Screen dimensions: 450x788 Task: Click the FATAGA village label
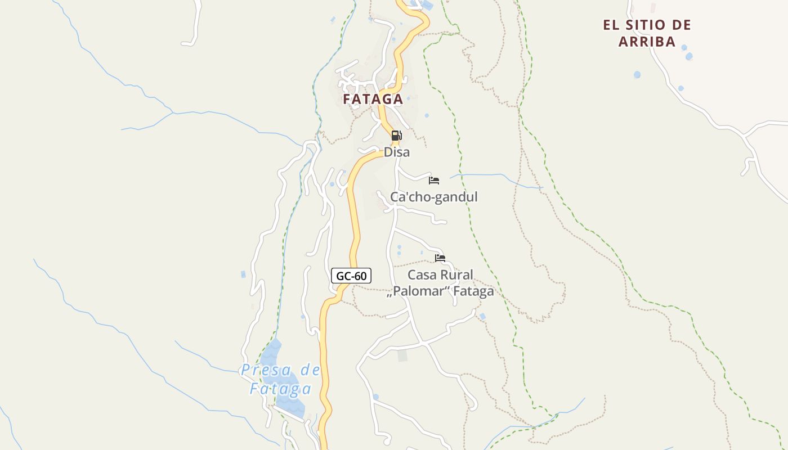373,100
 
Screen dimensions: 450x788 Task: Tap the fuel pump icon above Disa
396,136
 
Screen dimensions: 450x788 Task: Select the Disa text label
397,152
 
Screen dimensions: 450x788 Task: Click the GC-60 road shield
351,276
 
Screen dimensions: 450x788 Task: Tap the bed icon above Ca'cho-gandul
434,181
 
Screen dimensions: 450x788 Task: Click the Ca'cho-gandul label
434,197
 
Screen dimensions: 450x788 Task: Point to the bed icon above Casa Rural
440,258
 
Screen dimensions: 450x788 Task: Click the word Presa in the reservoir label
266,370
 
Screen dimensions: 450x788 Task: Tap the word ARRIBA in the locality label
647,42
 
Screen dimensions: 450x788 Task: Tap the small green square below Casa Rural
402,355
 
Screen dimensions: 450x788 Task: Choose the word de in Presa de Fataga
310,370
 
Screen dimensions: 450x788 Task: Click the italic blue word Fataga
281,389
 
